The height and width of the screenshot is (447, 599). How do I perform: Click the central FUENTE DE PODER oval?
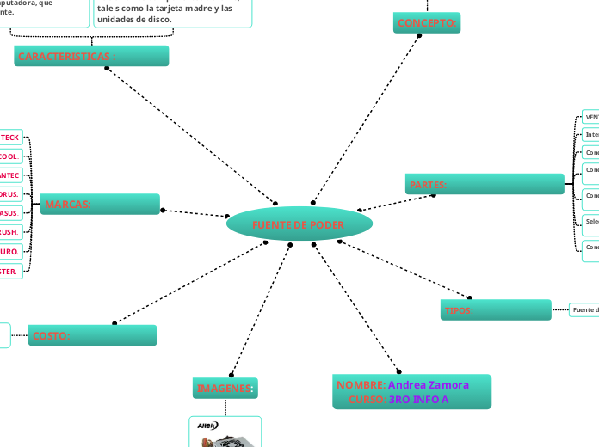pyautogui.click(x=299, y=224)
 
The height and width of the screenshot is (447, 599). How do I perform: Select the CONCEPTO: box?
pyautogui.click(x=427, y=23)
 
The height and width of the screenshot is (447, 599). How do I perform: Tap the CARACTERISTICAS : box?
pyautogui.click(x=91, y=56)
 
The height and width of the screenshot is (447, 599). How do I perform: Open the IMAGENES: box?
pyautogui.click(x=225, y=389)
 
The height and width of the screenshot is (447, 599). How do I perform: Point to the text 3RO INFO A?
pyautogui.click(x=419, y=400)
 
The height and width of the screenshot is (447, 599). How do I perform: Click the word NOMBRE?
pyautogui.click(x=361, y=384)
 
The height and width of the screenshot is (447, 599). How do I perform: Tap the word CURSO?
pyautogui.click(x=367, y=400)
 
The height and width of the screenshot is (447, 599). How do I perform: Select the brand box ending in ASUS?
pyautogui.click(x=10, y=212)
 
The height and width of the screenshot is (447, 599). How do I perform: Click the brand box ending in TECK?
pyautogui.click(x=10, y=138)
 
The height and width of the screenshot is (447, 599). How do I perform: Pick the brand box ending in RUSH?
pyautogui.click(x=10, y=232)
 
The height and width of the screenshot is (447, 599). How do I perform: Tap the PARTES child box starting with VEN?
pyautogui.click(x=591, y=117)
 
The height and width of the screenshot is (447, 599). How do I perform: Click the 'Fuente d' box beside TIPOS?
pyautogui.click(x=584, y=309)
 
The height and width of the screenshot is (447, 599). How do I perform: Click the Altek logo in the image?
pyautogui.click(x=207, y=425)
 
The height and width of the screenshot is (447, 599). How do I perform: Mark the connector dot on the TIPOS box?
pyautogui.click(x=470, y=298)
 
